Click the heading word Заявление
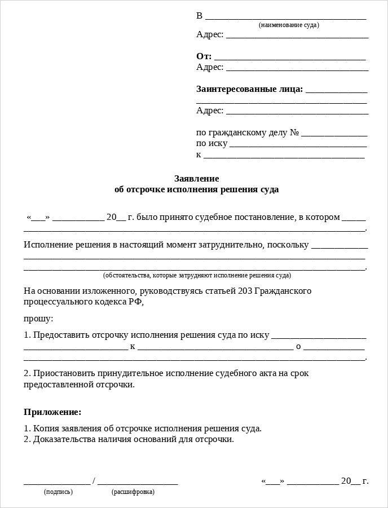pos(196,179)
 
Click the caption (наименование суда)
pos(289,25)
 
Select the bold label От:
pos(204,56)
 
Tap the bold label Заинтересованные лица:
pos(249,89)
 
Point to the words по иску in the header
pos(211,143)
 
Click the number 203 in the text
pos(245,291)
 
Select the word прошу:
pos(38,319)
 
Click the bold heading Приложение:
pos(52,412)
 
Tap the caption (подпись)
pos(58,492)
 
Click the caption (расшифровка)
pos(133,492)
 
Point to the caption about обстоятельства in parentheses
pos(197,276)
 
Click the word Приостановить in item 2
pos(63,373)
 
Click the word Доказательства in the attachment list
pos(63,439)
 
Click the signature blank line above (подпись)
pos(56,483)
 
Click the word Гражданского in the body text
pos(283,291)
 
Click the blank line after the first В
pos(285,18)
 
